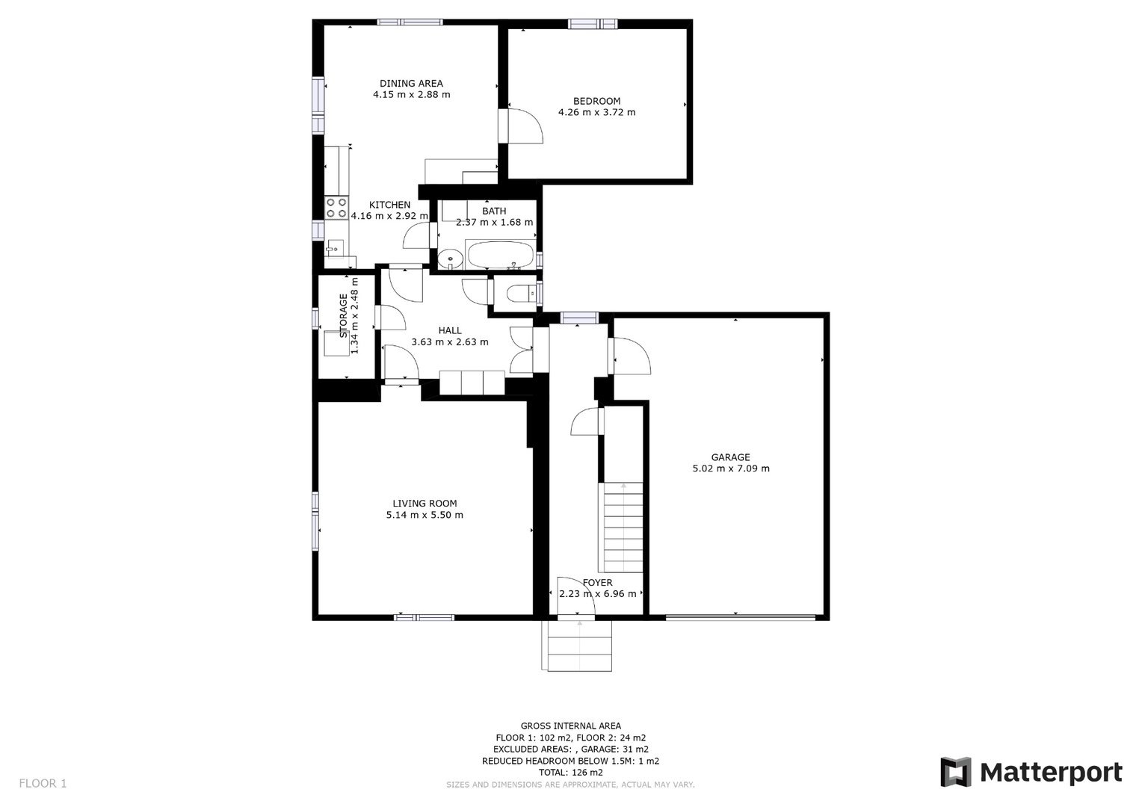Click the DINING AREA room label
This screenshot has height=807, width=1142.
411,83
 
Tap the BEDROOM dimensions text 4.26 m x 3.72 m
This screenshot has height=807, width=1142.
596,112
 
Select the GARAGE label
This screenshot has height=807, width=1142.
731,457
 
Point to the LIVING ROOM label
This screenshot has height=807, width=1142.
425,504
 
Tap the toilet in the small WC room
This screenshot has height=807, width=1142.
520,294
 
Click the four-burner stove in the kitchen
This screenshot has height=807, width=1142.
336,208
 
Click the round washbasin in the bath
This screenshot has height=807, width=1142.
450,259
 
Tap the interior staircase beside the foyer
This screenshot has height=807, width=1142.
623,527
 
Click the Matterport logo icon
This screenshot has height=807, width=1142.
955,772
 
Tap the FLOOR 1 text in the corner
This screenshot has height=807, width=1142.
43,784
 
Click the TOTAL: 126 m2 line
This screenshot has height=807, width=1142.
570,773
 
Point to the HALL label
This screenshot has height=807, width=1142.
450,330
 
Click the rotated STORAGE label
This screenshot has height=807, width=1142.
343,315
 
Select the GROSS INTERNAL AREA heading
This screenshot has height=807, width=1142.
570,726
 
